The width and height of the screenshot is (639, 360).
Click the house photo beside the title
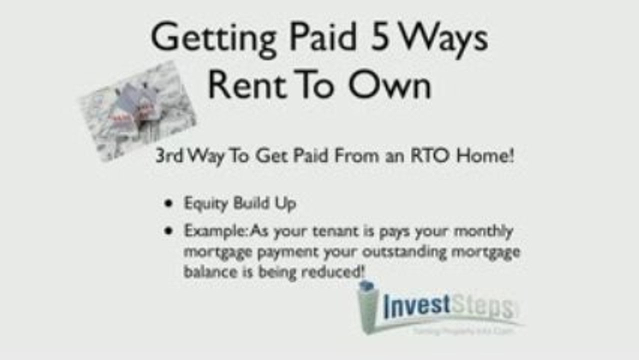click(137, 111)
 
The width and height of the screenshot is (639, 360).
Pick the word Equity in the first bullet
click(202, 204)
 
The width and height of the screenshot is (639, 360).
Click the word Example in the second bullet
click(215, 231)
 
